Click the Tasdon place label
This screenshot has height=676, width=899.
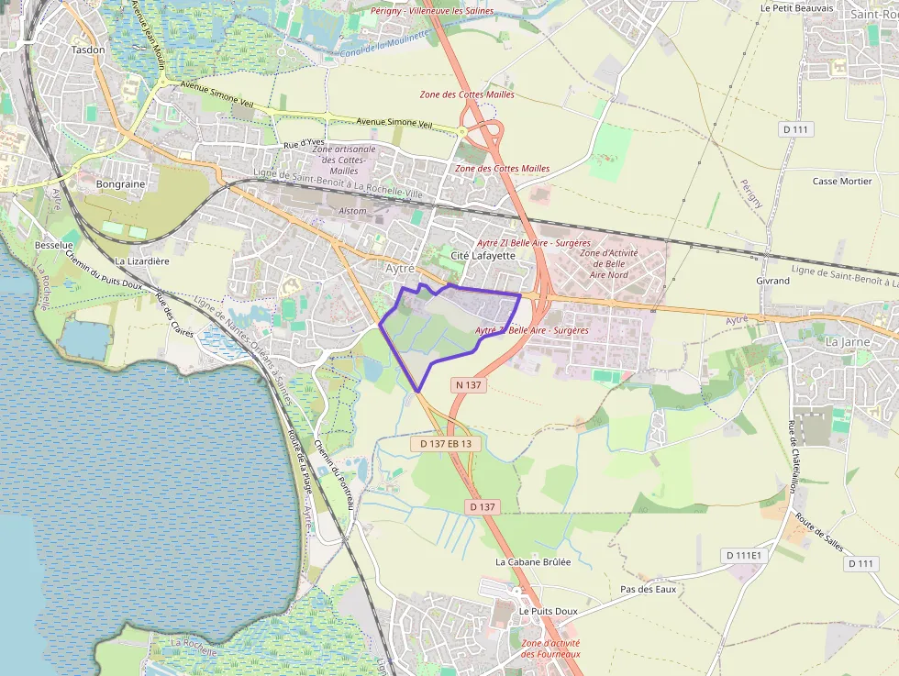88,50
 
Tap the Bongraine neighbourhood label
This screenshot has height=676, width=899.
120,184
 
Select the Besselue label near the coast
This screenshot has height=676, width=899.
53,246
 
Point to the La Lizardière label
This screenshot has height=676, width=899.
142,261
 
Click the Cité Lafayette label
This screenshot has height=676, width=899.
483,255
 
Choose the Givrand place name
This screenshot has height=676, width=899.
772,281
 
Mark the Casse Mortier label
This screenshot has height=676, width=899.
842,182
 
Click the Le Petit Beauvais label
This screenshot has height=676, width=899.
796,8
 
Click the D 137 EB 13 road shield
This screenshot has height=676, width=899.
446,444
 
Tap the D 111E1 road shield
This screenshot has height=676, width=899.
743,555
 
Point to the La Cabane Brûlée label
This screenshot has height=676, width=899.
533,562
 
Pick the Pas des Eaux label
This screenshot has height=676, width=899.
648,589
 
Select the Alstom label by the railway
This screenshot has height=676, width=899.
352,211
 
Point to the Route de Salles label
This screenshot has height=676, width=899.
819,531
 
